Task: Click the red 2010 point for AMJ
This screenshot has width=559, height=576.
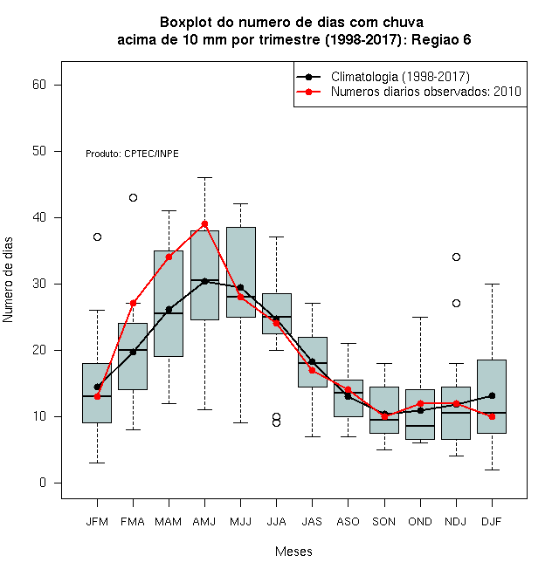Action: point(205,223)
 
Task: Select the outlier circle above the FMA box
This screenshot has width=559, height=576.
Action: point(133,197)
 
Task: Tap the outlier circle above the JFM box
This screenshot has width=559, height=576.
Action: point(98,237)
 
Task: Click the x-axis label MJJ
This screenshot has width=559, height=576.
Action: point(240,522)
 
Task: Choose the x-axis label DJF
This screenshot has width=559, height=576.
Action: point(492,522)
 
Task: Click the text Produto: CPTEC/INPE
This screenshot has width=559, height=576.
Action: point(132,154)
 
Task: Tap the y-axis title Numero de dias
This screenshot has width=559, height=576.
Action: point(8,279)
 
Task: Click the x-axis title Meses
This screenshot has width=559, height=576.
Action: point(293,552)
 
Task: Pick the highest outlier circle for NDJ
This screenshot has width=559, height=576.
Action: point(456,257)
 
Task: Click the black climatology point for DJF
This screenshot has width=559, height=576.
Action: point(492,395)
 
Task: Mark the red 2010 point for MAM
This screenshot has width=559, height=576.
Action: point(169,257)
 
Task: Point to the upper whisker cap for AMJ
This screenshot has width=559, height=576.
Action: point(205,177)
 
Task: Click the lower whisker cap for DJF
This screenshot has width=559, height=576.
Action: point(492,470)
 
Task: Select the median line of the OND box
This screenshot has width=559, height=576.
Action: point(420,426)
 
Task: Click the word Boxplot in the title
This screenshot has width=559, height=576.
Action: point(186,23)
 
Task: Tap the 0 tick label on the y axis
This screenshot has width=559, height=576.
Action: point(43,483)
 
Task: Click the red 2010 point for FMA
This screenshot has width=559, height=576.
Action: point(133,303)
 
